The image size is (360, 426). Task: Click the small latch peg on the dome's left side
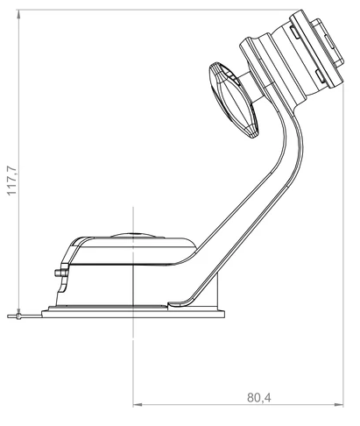pos(59,273)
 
